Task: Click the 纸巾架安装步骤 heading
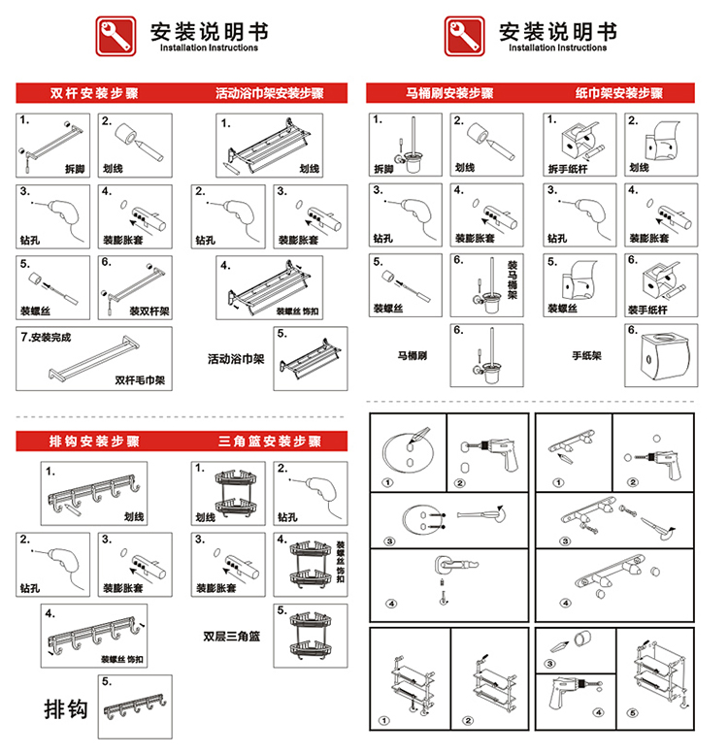(618, 94)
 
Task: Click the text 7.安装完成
(47, 339)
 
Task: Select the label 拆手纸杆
(569, 168)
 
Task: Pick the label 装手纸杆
(651, 310)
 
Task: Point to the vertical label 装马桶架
(513, 279)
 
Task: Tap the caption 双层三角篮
(232, 637)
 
